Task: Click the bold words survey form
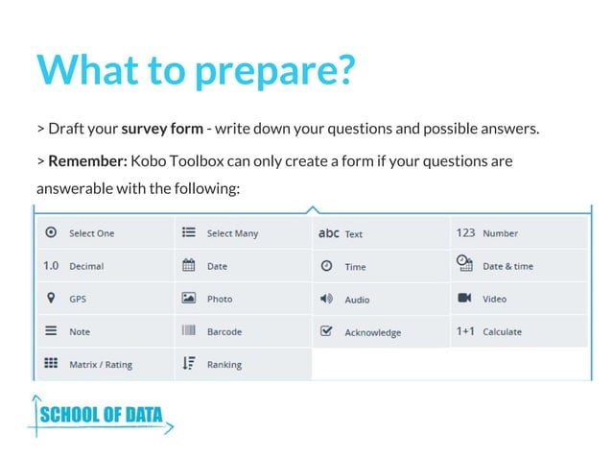(x=161, y=128)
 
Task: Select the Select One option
(x=91, y=233)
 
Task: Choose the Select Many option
(x=232, y=233)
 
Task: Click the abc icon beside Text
(x=328, y=232)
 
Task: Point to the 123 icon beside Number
(x=465, y=232)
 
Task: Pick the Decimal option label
(x=86, y=266)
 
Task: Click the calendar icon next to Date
(x=189, y=265)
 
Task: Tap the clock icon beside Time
(x=326, y=265)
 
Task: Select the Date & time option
(x=507, y=266)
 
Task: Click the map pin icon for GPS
(x=51, y=298)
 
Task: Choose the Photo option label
(x=220, y=299)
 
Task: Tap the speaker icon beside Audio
(x=326, y=299)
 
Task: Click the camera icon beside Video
(x=464, y=298)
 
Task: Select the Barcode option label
(x=224, y=331)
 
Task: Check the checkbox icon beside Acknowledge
(x=326, y=331)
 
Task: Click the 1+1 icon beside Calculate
(x=465, y=331)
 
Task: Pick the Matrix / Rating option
(x=101, y=365)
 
